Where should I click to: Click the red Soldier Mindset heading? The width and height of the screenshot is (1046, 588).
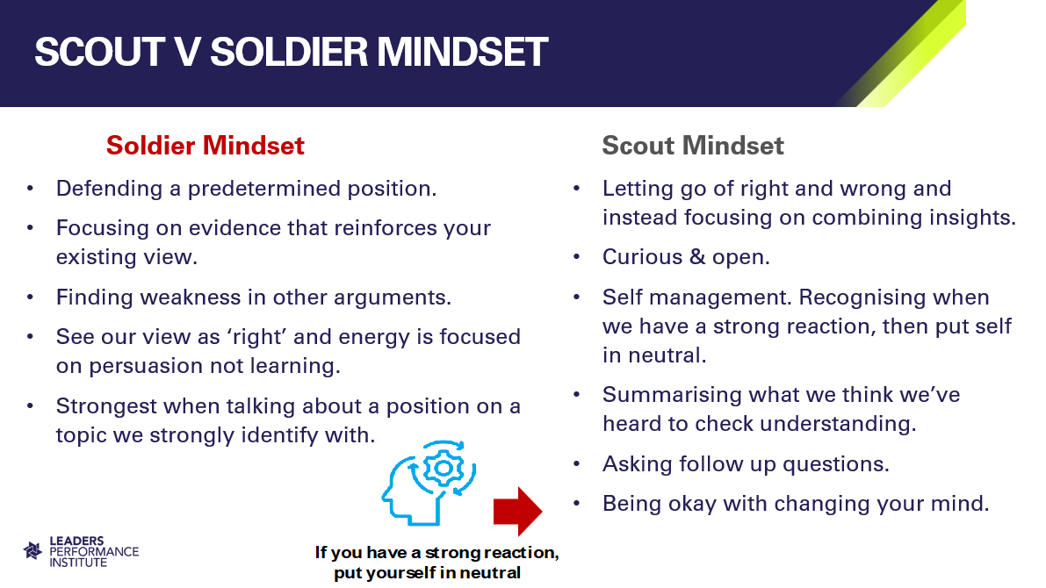click(x=205, y=146)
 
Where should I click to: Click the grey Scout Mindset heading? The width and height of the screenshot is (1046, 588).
click(x=692, y=146)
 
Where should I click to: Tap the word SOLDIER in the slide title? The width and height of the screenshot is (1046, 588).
click(x=289, y=52)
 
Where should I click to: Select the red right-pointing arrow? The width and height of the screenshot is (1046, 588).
click(x=517, y=512)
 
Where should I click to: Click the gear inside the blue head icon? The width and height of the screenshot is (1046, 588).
click(x=443, y=468)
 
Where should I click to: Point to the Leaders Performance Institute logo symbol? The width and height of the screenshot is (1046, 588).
click(x=32, y=550)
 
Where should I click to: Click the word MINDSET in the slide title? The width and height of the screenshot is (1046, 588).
click(x=462, y=52)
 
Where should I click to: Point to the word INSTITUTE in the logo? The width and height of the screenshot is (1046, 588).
click(x=78, y=563)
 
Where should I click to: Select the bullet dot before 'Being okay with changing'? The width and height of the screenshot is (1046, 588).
click(x=577, y=504)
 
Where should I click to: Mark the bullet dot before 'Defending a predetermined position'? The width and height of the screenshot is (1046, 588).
click(x=30, y=189)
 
